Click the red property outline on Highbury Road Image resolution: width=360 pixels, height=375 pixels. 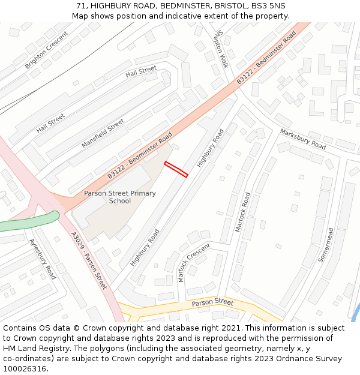[176, 169]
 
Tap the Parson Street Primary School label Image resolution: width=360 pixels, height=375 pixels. [119, 197]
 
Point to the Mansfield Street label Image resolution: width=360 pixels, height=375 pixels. [103, 133]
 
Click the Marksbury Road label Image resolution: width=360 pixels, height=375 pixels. [302, 139]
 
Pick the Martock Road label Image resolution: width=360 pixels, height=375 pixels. [243, 212]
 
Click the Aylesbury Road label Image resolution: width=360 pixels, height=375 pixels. [43, 259]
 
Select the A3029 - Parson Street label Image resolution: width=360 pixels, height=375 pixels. [89, 260]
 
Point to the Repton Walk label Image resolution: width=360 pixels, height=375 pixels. [222, 49]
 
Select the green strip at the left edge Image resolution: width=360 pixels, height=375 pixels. [27, 222]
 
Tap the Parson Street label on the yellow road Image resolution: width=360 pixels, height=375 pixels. [212, 302]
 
